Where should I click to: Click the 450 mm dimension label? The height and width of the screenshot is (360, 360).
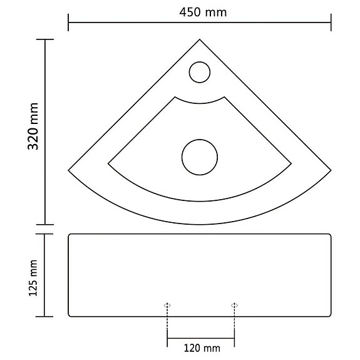200,12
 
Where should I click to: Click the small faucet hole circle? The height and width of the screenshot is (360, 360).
199,71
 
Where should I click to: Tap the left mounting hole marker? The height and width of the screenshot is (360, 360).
167,305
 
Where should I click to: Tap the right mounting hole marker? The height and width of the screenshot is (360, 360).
234,305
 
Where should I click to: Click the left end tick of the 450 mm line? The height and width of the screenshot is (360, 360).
68,26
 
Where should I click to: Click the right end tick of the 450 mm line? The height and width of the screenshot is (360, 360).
331,26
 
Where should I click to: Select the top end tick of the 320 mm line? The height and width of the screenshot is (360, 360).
44,40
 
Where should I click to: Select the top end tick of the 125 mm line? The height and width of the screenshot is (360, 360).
44,234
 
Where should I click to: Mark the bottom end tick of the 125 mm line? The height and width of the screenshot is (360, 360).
44,317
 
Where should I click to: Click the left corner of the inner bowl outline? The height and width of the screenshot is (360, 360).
108,163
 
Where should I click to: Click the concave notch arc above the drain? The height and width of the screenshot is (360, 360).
200,103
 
